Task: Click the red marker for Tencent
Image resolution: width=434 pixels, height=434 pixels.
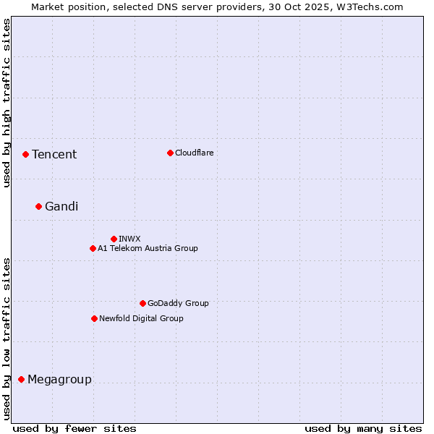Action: click(x=25, y=154)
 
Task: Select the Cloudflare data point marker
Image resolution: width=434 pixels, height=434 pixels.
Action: click(x=170, y=153)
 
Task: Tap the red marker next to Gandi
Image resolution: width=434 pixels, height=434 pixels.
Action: click(x=38, y=206)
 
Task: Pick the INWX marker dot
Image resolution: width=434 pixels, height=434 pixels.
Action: click(x=114, y=239)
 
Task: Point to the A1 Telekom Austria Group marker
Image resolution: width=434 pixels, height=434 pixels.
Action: click(x=93, y=248)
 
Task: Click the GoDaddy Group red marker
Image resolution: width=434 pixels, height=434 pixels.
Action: click(x=142, y=303)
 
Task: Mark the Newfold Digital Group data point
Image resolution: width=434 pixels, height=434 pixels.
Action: click(x=94, y=318)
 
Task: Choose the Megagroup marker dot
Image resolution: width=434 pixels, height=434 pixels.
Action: click(x=21, y=379)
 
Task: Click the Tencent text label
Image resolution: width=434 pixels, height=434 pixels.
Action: click(x=54, y=154)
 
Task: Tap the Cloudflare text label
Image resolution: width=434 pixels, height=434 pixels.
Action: click(x=194, y=153)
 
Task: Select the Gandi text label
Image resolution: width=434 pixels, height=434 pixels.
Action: click(x=61, y=206)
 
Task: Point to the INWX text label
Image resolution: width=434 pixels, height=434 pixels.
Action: click(x=129, y=239)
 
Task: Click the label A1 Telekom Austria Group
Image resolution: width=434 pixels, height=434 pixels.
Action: click(x=148, y=248)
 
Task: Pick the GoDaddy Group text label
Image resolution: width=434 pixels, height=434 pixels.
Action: click(x=178, y=303)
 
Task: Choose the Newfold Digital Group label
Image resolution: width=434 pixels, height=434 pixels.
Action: click(x=141, y=318)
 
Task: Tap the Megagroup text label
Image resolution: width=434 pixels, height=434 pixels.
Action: click(x=59, y=379)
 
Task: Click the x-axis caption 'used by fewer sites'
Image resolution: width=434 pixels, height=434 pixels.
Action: click(x=74, y=428)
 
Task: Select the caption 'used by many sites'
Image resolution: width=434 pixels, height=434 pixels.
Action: click(x=363, y=428)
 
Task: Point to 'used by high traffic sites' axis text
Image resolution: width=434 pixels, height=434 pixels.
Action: click(x=7, y=103)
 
